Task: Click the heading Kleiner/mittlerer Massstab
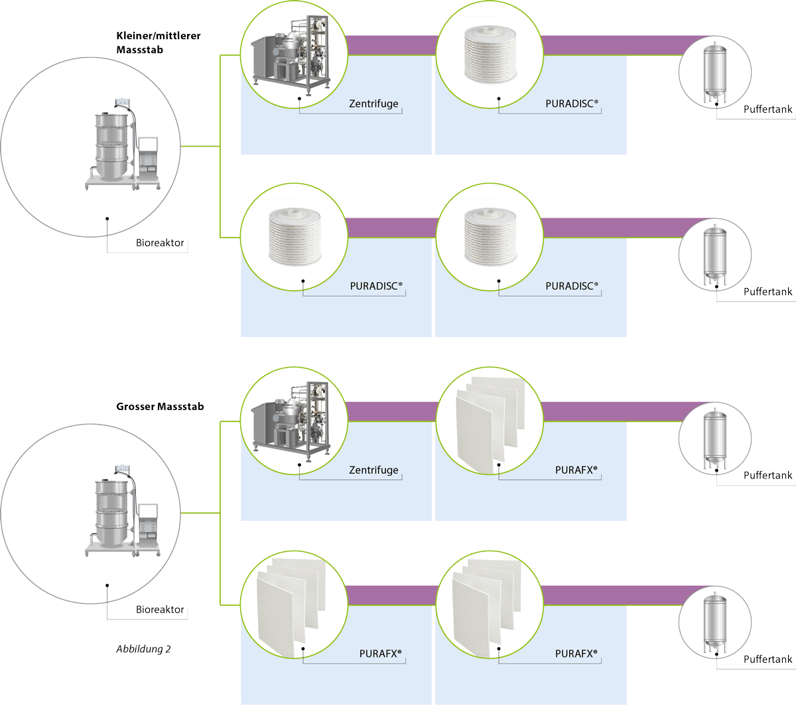158,42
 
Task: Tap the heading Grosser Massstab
160,406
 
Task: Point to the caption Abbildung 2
143,649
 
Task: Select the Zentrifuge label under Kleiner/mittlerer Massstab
373,104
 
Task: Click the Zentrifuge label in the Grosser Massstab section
373,470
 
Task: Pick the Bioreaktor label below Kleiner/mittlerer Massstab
160,243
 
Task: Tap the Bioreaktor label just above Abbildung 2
160,609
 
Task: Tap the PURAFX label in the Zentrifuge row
576,470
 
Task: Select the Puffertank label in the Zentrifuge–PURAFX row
767,475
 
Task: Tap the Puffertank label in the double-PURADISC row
767,291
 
